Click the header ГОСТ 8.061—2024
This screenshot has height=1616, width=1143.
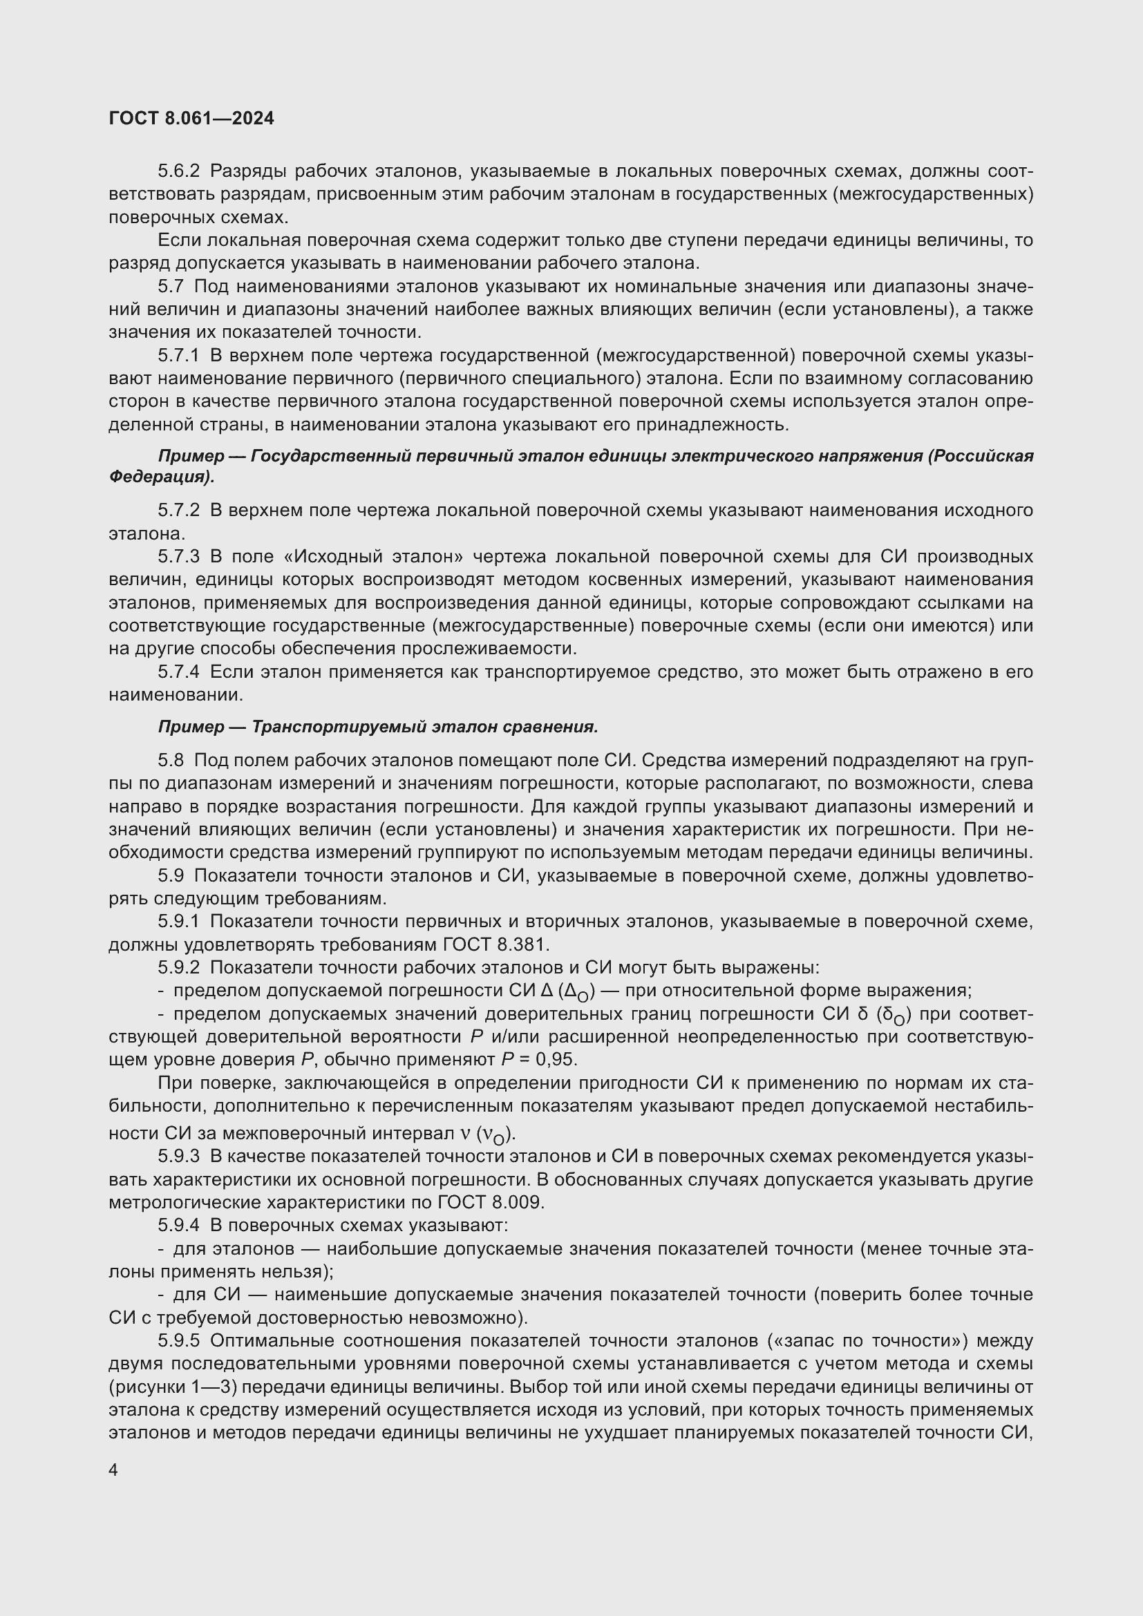tap(191, 118)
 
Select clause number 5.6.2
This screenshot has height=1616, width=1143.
tap(179, 171)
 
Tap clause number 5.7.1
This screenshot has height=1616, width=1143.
tap(179, 356)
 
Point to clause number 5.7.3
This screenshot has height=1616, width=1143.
tap(179, 557)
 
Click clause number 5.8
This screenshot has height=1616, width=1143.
tap(171, 760)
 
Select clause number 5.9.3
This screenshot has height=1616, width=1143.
tap(179, 1156)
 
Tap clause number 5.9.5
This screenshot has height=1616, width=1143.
tap(179, 1341)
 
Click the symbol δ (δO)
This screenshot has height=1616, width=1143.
tap(886, 1014)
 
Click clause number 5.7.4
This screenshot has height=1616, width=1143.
tap(179, 672)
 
